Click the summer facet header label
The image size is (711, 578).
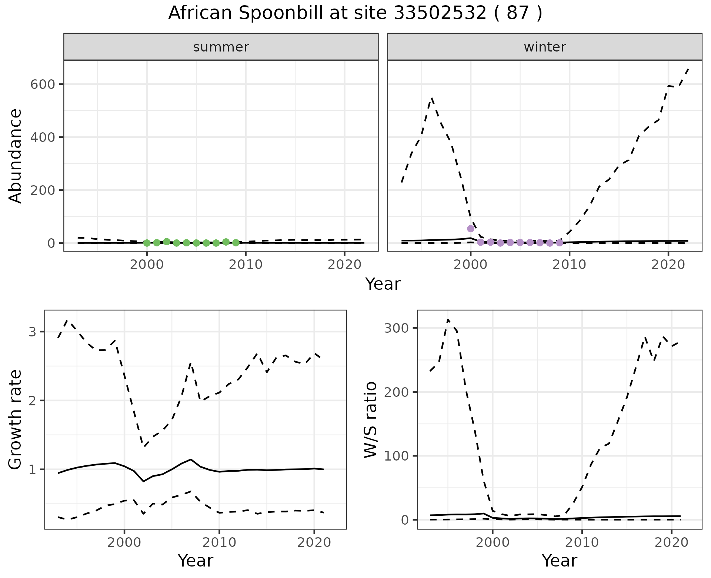click(x=221, y=47)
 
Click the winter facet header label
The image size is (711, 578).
click(x=545, y=47)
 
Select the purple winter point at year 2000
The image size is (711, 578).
click(x=471, y=229)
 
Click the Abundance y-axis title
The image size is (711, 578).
click(x=16, y=156)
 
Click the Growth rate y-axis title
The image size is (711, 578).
click(x=16, y=419)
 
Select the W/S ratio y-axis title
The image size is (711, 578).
click(x=370, y=419)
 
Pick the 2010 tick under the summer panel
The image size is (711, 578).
click(x=246, y=265)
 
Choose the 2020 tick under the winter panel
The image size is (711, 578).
click(x=668, y=265)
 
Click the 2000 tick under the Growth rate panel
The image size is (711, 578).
click(x=124, y=543)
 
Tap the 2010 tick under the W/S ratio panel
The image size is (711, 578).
click(x=582, y=543)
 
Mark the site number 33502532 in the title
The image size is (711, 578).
click(x=439, y=13)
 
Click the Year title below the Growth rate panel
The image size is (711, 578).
click(x=196, y=561)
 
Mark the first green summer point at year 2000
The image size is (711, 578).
click(x=147, y=243)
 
